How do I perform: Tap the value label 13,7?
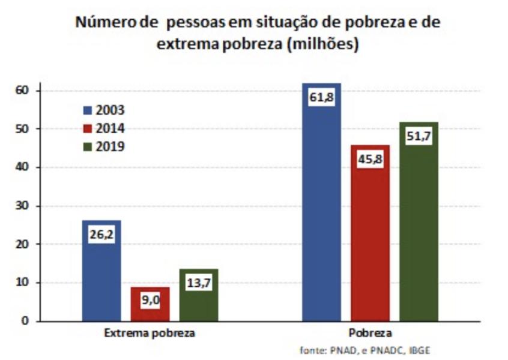pos(199,283)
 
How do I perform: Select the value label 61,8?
pos(321,97)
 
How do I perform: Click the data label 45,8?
pos(370,160)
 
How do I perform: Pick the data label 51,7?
pos(419,137)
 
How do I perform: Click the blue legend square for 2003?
pos(87,110)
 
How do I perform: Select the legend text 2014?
pos(110,128)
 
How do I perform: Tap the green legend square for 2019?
pos(87,146)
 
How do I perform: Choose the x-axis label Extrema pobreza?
pos(150,334)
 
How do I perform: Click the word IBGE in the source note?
pos(420,350)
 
